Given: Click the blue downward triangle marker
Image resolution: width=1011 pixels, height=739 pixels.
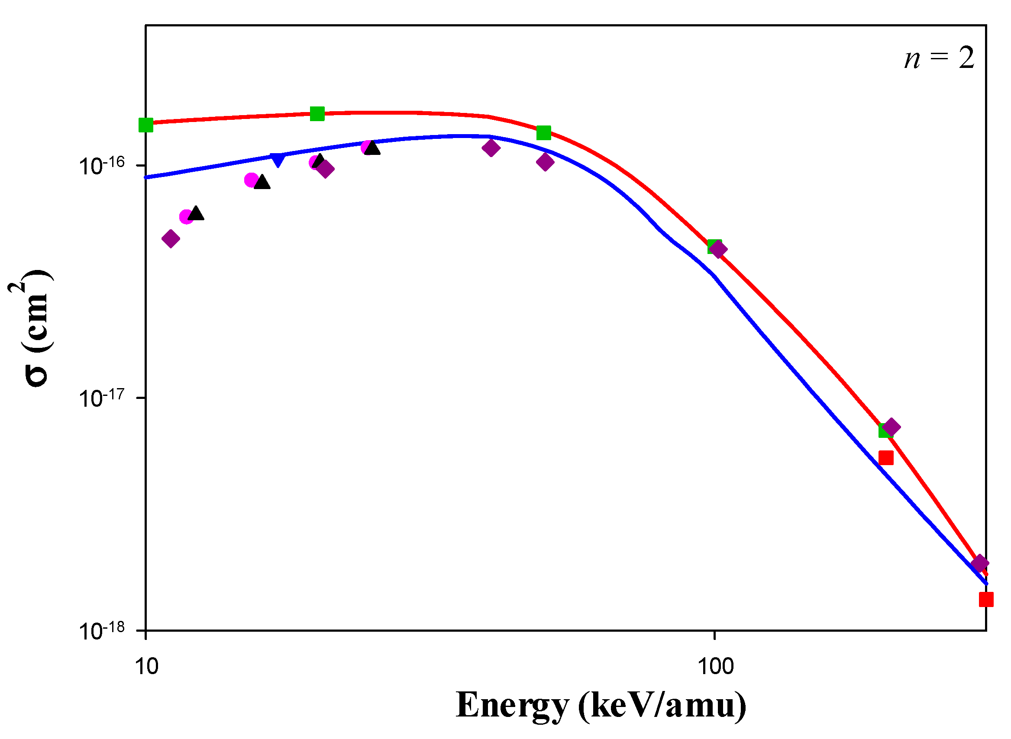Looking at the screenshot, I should (278, 159).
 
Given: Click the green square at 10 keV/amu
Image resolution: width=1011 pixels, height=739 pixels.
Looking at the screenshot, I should (146, 125).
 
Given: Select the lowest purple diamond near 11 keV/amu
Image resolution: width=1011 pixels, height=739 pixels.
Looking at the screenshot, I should (171, 238).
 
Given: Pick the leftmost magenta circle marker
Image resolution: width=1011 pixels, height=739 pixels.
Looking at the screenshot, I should (186, 217).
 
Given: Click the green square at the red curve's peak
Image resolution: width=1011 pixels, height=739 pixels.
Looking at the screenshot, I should (317, 114).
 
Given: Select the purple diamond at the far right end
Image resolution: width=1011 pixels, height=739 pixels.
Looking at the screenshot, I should (980, 564).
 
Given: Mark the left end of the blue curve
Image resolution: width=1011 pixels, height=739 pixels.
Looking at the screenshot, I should (147, 177).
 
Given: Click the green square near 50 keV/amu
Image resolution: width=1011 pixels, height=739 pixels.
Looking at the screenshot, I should (544, 133).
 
